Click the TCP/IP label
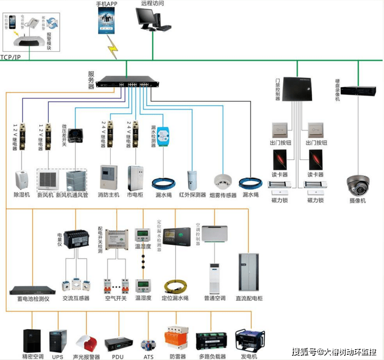tap(10, 57)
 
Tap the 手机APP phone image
tap(107, 21)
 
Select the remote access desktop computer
tap(152, 19)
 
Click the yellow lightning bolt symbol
tap(113, 47)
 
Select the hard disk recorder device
tap(358, 91)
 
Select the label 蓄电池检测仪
tap(30, 299)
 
